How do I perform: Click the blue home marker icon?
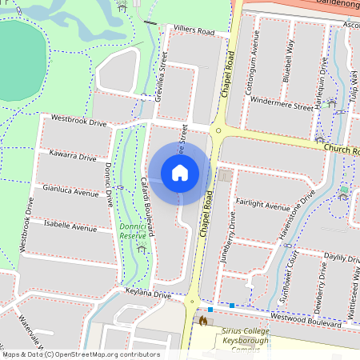pos(180,173)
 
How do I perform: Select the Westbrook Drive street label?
pos(78,120)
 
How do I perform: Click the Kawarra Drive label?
pos(72,154)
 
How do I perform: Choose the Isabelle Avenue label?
pos(70,226)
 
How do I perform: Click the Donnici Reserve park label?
pos(134,231)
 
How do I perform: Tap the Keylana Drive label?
pos(148,294)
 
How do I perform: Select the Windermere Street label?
pos(282,105)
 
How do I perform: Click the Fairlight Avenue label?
pos(262,205)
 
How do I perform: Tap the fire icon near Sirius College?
pos(202,321)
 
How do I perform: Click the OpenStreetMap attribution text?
pos(80,354)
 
